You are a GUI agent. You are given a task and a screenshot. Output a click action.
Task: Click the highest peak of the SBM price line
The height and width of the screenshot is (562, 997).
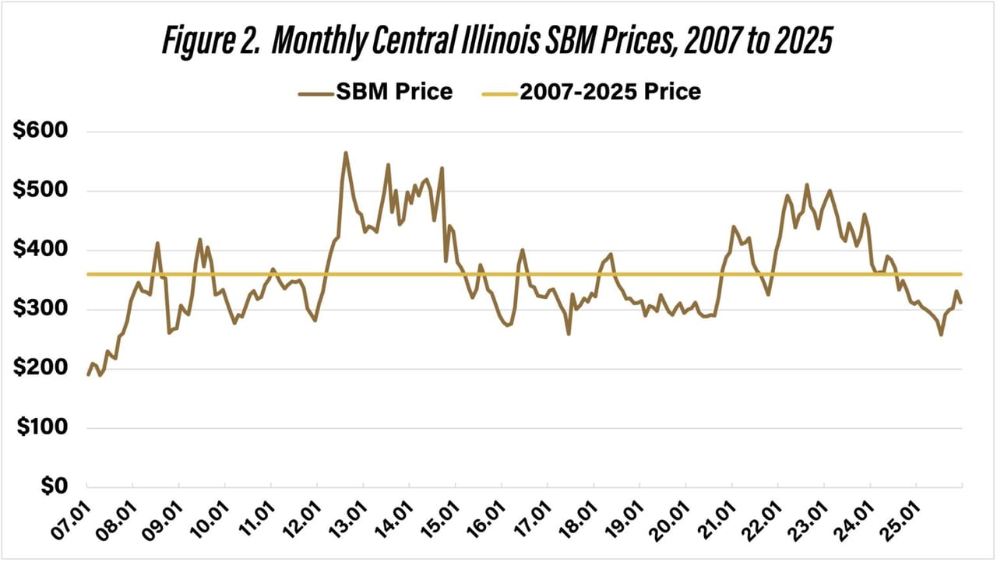(x=346, y=153)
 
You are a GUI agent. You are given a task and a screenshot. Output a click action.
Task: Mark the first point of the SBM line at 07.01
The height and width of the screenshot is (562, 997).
(x=87, y=375)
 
